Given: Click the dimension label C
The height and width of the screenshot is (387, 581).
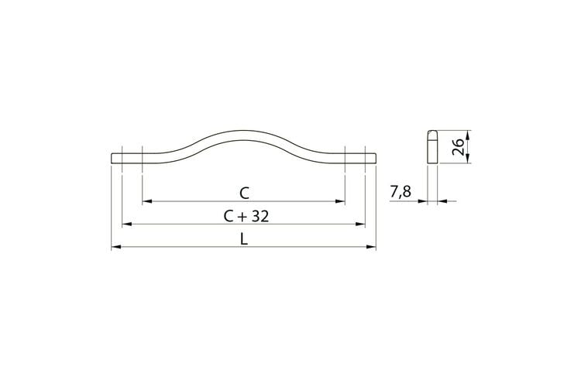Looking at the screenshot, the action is (244, 193).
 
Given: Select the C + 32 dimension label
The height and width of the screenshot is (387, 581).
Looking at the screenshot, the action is (246, 216).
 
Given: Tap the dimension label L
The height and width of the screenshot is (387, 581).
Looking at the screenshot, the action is (243, 239).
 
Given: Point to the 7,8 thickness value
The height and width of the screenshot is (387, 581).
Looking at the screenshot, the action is (401, 192).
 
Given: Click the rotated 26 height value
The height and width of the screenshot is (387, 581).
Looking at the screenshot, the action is (458, 146).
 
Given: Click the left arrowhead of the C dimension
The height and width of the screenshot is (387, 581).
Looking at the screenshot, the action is (147, 201).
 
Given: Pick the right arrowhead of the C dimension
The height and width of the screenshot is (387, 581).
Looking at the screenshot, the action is (340, 201).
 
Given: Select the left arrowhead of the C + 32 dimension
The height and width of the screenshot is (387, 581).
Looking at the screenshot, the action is (127, 224).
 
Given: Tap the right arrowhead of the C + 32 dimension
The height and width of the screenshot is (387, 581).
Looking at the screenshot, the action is (360, 224).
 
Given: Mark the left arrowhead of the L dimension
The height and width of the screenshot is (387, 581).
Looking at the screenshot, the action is (116, 247).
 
